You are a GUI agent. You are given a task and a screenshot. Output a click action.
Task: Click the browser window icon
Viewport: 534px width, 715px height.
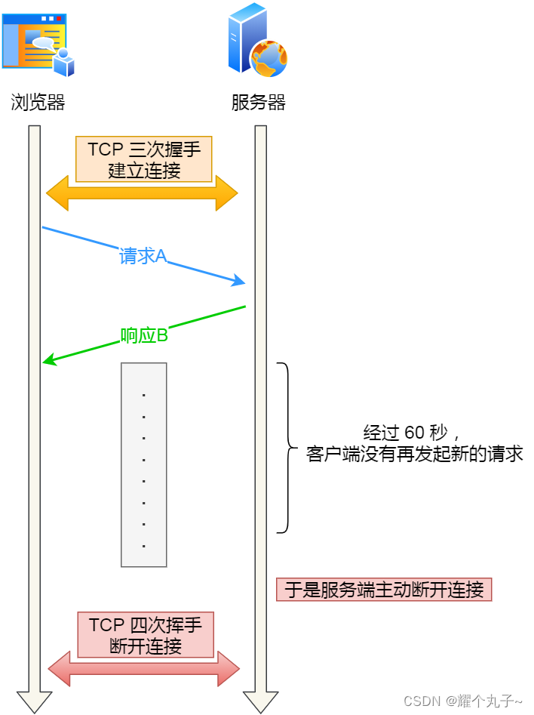(x=38, y=44)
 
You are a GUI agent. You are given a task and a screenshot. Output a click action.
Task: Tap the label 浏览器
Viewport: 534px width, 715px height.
(x=38, y=103)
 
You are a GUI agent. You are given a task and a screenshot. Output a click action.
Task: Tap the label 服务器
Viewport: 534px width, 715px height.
(x=259, y=103)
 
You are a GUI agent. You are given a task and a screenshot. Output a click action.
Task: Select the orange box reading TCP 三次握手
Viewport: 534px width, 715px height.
(x=144, y=159)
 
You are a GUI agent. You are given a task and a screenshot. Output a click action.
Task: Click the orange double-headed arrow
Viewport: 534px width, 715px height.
(x=142, y=193)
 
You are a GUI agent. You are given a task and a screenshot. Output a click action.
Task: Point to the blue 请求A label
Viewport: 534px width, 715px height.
(x=143, y=256)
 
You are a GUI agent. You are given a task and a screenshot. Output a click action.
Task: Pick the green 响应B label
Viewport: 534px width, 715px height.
(x=144, y=335)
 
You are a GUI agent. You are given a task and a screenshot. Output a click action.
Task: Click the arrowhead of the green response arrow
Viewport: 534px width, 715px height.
(x=48, y=362)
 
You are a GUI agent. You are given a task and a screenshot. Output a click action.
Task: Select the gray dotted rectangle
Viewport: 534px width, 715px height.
(x=143, y=464)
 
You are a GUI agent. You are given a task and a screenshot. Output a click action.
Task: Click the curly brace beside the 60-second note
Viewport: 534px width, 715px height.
(x=287, y=448)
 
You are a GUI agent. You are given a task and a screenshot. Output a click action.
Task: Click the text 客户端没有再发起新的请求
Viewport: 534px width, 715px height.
(x=414, y=455)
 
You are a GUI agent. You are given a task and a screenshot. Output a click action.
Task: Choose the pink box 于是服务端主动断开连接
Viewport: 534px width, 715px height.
(x=384, y=590)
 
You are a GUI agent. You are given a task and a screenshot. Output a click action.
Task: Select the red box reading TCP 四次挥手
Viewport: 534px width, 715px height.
(x=146, y=635)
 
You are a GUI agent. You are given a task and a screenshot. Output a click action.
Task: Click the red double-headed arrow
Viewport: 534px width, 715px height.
(x=143, y=668)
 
